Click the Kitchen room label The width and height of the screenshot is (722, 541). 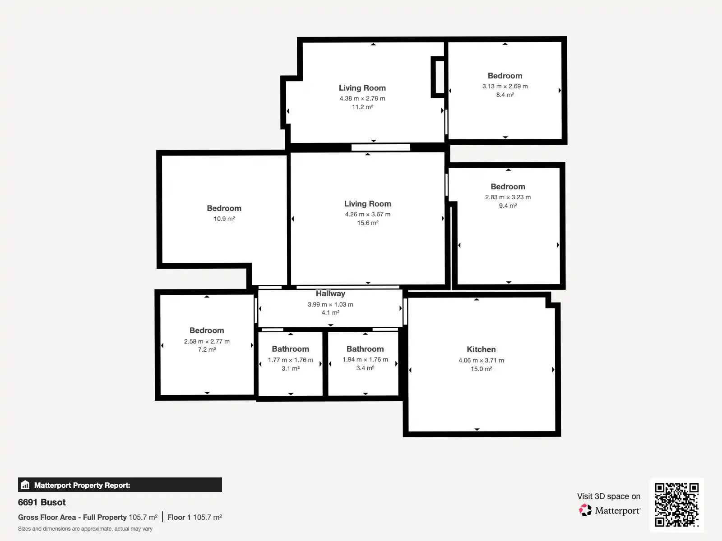[x=481, y=349]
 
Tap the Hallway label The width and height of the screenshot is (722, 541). [x=330, y=293]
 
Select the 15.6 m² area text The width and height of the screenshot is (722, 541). [x=367, y=223]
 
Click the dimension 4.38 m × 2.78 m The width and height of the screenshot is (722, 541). [x=362, y=98]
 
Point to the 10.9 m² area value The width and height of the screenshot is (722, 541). [x=224, y=219]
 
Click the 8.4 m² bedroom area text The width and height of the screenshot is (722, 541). [x=505, y=95]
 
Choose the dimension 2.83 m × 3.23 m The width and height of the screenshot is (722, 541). [x=508, y=197]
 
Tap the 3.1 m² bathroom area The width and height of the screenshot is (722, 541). [x=291, y=368]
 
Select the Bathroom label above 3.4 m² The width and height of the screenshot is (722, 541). [x=365, y=349]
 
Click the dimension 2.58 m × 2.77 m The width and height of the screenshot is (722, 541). [x=207, y=341]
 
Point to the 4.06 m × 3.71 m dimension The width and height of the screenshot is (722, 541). [x=481, y=360]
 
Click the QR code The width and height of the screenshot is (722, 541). [x=676, y=504]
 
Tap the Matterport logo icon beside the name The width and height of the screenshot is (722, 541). [x=585, y=510]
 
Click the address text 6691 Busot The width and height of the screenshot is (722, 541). [x=42, y=502]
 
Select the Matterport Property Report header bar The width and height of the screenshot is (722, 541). [x=120, y=485]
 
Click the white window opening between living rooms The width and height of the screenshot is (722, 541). [x=380, y=147]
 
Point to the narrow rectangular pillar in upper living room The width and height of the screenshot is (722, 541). [x=438, y=77]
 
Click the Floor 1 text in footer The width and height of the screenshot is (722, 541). [x=179, y=517]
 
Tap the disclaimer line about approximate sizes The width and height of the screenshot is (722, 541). [x=85, y=529]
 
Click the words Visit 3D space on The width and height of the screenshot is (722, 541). [x=608, y=496]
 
